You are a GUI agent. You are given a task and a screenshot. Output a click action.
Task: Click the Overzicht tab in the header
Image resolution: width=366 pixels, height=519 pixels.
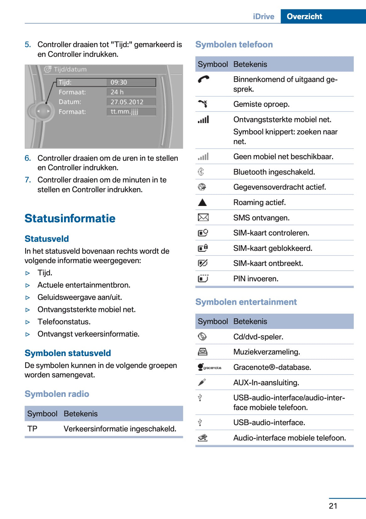pyautogui.click(x=304, y=16)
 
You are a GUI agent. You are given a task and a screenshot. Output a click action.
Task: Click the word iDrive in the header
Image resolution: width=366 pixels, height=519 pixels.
pyautogui.click(x=263, y=16)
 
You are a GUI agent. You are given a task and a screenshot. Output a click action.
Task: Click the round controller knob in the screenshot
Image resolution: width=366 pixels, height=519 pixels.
pyautogui.click(x=43, y=111)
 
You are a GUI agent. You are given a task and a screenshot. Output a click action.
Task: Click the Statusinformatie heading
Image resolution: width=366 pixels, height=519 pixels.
pyautogui.click(x=70, y=218)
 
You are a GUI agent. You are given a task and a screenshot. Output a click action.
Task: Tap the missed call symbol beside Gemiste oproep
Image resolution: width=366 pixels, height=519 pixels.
pyautogui.click(x=203, y=104)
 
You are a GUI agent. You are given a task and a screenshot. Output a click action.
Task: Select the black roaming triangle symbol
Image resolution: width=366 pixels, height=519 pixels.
pyautogui.click(x=202, y=203)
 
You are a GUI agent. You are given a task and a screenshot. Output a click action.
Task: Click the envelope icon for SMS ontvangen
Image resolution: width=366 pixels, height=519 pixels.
pyautogui.click(x=203, y=217)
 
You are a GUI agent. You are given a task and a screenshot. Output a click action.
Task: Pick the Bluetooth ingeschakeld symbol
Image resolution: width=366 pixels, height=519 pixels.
pyautogui.click(x=201, y=172)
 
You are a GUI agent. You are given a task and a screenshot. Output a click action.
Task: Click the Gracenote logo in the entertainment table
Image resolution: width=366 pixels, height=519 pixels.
pyautogui.click(x=209, y=367)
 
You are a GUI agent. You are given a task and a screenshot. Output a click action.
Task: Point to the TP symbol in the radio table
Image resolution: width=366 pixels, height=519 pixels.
pyautogui.click(x=32, y=429)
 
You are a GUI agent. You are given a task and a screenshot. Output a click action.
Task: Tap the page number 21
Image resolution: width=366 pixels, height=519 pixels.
pyautogui.click(x=333, y=505)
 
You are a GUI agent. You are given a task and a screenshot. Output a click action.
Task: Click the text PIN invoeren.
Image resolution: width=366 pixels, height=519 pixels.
pyautogui.click(x=255, y=279)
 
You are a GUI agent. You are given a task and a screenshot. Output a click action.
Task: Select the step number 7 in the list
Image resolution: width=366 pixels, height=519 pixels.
pyautogui.click(x=28, y=180)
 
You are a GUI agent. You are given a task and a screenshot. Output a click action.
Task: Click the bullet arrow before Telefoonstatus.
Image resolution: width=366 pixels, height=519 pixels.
pyautogui.click(x=28, y=322)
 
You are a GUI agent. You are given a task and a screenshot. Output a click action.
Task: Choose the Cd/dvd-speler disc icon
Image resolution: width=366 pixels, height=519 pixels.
pyautogui.click(x=202, y=337)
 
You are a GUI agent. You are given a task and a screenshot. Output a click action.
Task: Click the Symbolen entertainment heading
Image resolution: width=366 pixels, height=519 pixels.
pyautogui.click(x=246, y=302)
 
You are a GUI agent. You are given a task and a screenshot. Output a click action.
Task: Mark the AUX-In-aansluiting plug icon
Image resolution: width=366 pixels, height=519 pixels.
pyautogui.click(x=202, y=382)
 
